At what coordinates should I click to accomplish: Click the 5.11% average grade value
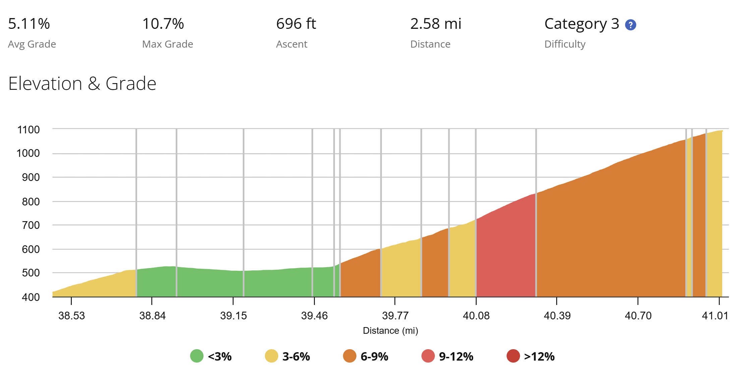point(29,24)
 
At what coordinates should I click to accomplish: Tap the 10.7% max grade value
point(163,24)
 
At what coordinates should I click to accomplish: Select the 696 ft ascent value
point(296,24)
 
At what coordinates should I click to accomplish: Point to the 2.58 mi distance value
point(436,24)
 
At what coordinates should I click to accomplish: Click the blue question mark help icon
point(631,25)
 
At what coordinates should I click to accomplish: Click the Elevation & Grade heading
point(82,83)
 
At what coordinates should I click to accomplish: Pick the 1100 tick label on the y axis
point(28,130)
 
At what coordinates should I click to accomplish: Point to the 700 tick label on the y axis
point(31,225)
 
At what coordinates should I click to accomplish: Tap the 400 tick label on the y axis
point(31,297)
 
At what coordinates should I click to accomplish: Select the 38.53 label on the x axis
point(72,316)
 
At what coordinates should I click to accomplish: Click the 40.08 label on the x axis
point(476,316)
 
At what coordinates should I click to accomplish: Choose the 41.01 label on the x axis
point(715,316)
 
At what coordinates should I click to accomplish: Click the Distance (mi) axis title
point(391,331)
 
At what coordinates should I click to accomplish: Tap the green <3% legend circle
point(197,356)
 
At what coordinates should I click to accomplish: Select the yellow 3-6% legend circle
point(272,356)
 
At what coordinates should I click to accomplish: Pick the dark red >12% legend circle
point(513,356)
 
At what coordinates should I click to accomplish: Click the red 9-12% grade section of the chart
point(506,255)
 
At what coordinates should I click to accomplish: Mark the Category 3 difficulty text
point(582,24)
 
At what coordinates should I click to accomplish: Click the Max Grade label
point(168,44)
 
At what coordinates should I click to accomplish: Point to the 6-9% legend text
point(375,356)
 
